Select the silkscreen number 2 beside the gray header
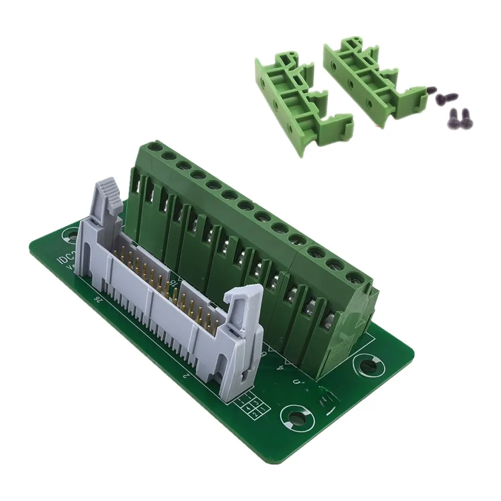pyautogui.click(x=186, y=375)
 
